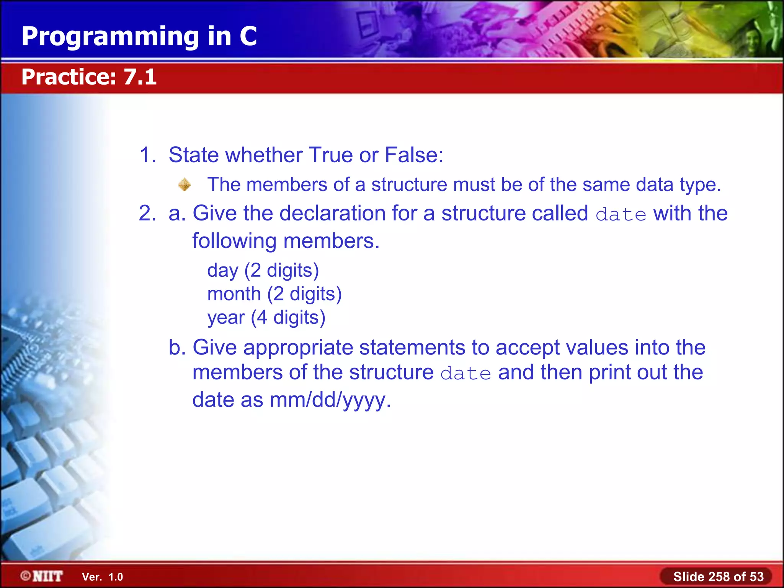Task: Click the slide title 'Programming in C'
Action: click(139, 36)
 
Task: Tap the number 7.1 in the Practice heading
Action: click(140, 77)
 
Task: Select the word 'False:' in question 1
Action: click(414, 155)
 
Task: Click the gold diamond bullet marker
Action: click(185, 185)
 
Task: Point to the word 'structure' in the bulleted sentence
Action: click(409, 185)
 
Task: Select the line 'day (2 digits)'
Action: click(263, 271)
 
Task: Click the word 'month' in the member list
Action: click(234, 294)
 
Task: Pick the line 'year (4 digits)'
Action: click(266, 318)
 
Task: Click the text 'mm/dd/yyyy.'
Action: click(330, 400)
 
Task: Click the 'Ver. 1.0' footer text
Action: click(102, 577)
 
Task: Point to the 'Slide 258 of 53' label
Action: click(718, 577)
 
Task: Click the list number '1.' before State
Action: click(147, 155)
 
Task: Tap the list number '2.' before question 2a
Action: click(147, 213)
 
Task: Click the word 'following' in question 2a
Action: click(234, 242)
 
